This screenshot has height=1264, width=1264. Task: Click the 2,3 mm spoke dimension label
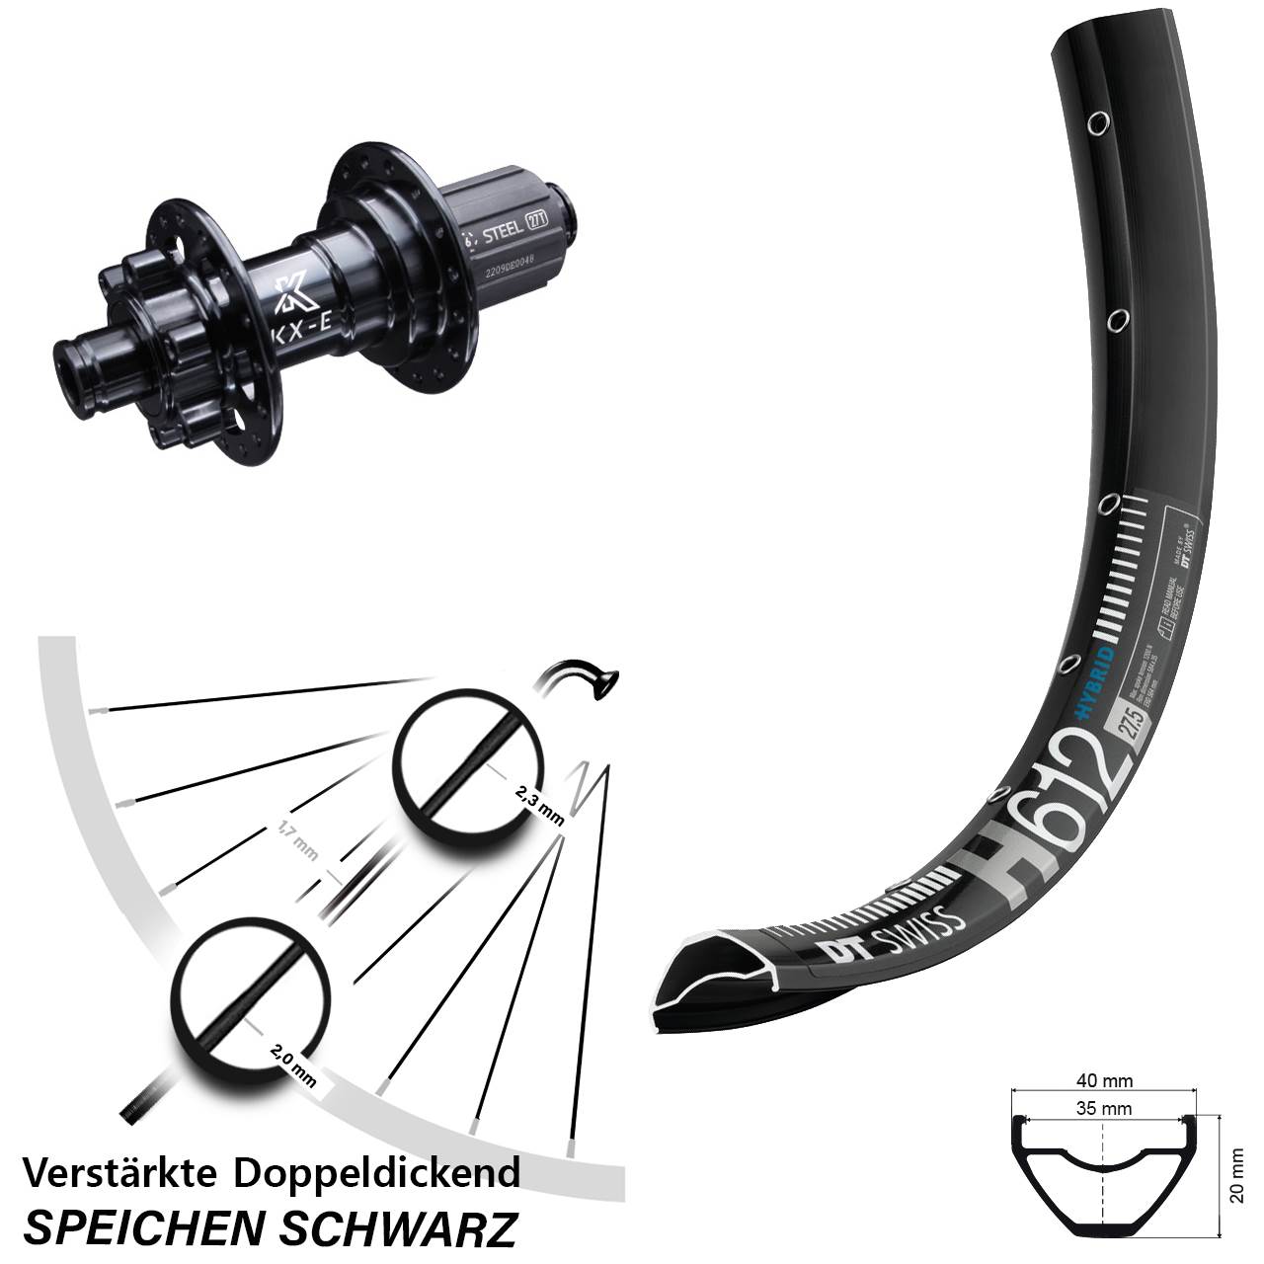pos(539,803)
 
